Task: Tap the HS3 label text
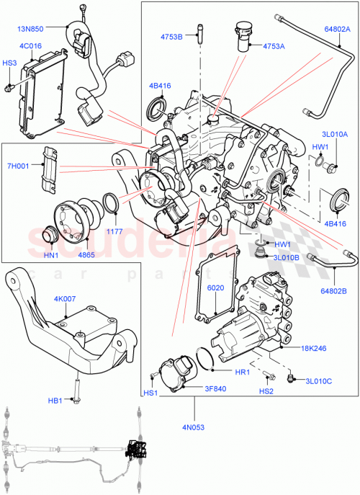(9, 63)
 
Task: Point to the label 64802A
(336, 30)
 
